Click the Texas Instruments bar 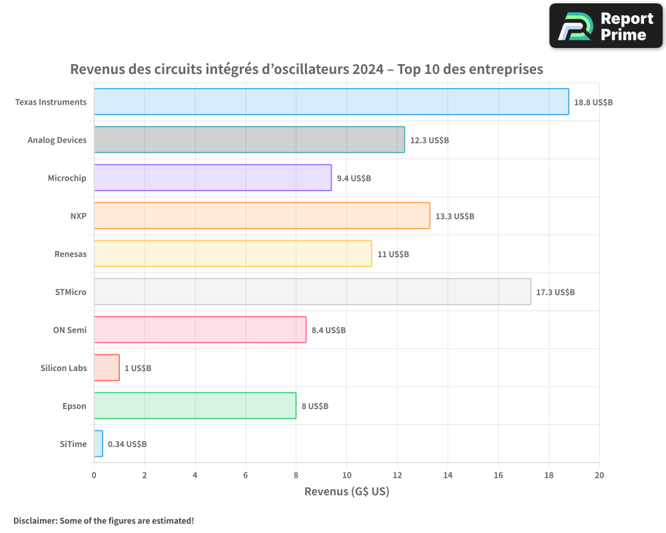coord(331,102)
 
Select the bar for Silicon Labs coord(107,368)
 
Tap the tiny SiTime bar coord(98,444)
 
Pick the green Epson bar coord(194,406)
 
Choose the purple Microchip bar coord(212,178)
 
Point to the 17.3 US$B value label coord(555,292)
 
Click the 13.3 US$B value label coord(455,217)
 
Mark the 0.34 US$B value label coord(127,444)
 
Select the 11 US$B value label coord(393,255)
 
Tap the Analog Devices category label coord(57,140)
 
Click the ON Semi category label coord(70,330)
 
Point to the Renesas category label coord(71,254)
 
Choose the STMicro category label coord(71,292)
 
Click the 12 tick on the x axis coord(397,475)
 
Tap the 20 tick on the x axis coord(599,475)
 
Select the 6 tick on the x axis coord(246,475)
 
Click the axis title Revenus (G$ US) coord(346,492)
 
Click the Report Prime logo coord(606,26)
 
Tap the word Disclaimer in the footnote coord(35,520)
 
